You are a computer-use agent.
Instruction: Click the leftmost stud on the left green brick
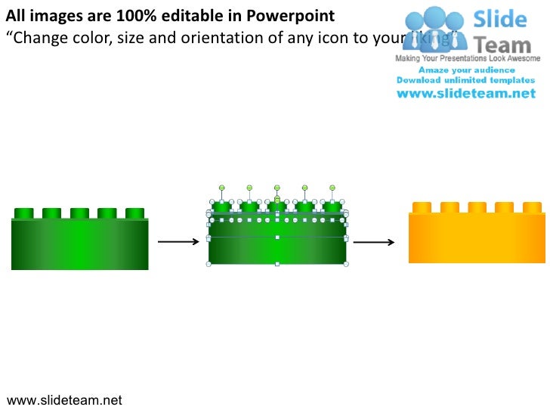pos(23,213)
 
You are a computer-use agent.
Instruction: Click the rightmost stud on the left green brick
pos(134,213)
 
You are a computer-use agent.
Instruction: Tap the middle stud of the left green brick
pos(79,213)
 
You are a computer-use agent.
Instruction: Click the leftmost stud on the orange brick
pos(422,207)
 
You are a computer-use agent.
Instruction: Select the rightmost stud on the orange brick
pos(532,207)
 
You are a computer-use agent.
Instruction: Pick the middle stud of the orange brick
pos(477,207)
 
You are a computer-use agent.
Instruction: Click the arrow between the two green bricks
pos(178,242)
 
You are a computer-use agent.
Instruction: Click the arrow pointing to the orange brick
pos(374,242)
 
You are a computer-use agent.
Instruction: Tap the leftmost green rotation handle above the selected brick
pos(222,187)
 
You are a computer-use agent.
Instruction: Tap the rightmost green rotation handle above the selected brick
pos(332,187)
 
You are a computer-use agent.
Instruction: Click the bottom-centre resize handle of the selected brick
pos(277,264)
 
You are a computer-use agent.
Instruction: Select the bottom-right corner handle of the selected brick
pos(346,264)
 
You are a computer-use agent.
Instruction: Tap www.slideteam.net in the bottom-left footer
pos(64,400)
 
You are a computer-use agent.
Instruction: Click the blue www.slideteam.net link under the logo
pos(466,94)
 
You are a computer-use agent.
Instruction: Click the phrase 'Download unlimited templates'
pos(466,80)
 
